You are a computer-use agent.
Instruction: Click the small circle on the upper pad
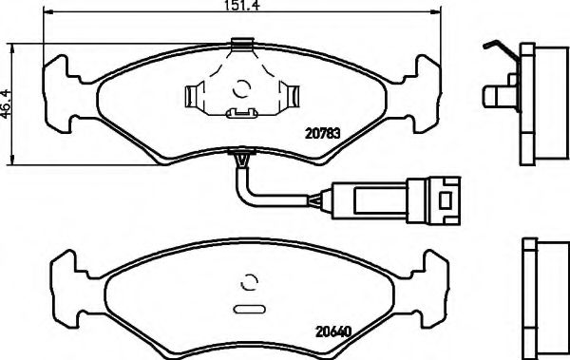tap(243, 90)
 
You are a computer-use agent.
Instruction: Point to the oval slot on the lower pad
tap(248, 309)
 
